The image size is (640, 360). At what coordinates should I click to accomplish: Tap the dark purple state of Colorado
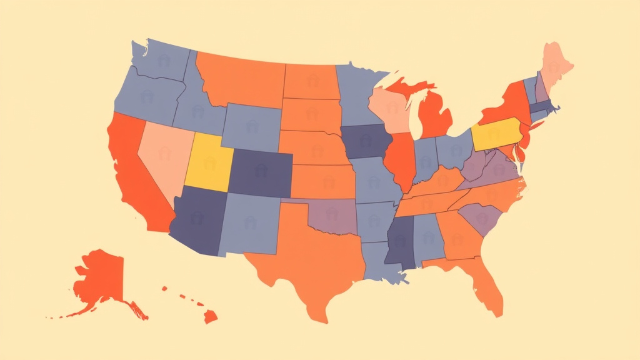coord(260,172)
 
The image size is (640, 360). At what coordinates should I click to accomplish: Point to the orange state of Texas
coord(306,262)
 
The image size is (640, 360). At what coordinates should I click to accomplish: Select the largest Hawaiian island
coord(210,317)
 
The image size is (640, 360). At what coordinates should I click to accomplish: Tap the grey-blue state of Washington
coord(159,62)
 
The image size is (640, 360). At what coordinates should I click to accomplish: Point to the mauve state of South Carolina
coord(481,219)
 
